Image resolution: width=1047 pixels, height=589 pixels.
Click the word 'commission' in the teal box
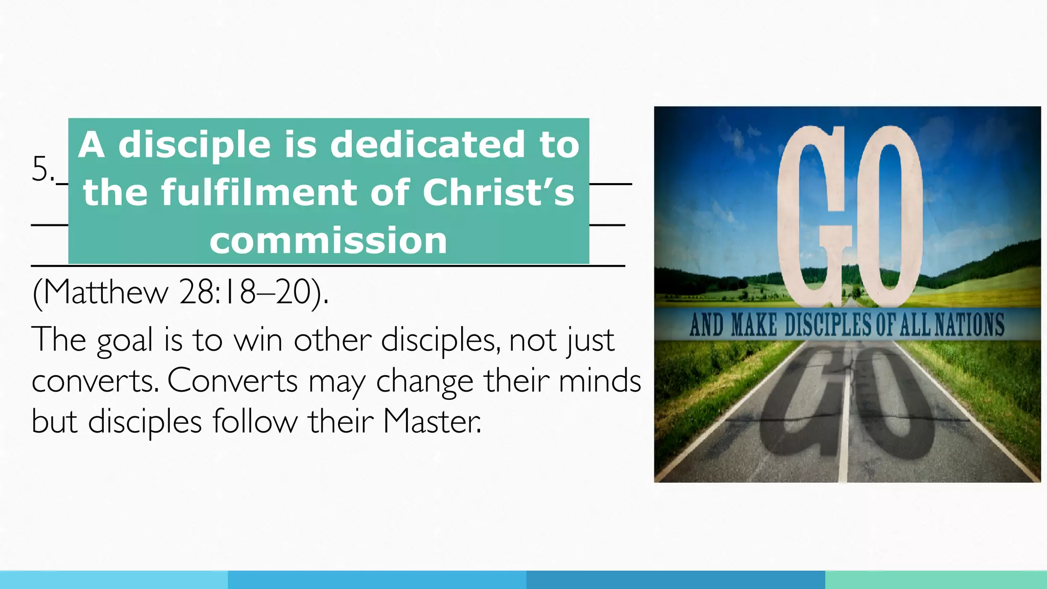pos(328,240)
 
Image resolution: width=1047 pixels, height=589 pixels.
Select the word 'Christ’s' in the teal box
pos(498,193)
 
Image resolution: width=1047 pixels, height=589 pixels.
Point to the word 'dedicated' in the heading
pos(427,145)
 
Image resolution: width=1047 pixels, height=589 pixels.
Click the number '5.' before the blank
pos(43,169)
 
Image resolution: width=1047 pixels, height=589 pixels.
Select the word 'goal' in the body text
pos(125,340)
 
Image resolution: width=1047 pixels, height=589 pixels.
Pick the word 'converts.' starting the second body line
pos(95,381)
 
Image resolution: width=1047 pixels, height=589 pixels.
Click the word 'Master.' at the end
pos(432,422)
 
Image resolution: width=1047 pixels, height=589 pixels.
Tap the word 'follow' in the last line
pos(255,422)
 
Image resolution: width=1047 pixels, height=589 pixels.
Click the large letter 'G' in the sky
pos(813,215)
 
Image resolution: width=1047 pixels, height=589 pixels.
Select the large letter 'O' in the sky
pos(890,215)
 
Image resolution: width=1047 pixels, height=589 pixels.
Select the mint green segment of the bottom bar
pos(936,580)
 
